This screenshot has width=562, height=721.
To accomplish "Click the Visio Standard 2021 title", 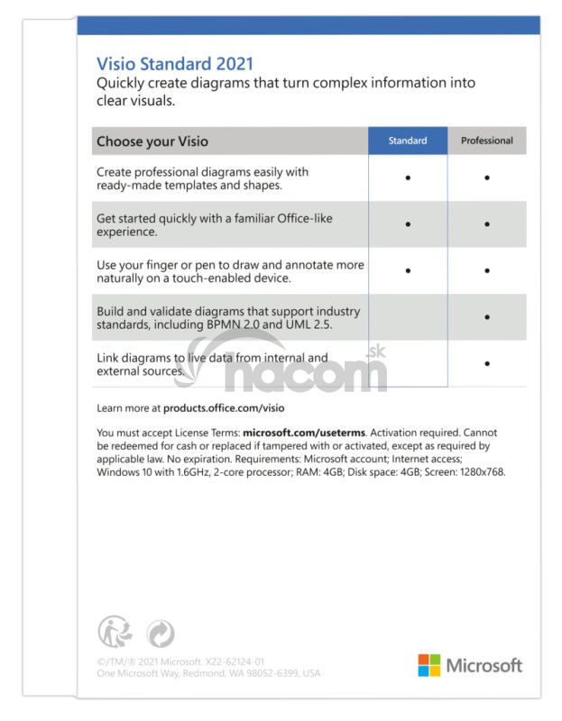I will click(175, 64).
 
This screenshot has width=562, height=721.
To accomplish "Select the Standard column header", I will click(407, 141).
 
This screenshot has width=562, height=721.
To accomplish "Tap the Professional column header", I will click(486, 141).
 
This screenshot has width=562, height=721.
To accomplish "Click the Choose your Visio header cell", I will click(152, 141).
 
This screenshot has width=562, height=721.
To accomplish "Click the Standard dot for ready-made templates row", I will click(408, 178).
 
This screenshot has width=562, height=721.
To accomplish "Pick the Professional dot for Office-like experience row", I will click(487, 224).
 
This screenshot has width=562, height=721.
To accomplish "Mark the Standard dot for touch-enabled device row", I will click(408, 270).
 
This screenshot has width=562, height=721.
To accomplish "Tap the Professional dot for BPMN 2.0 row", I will click(487, 317).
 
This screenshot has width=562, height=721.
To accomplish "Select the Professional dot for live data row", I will click(487, 363).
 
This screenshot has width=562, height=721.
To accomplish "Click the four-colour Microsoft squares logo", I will click(428, 665).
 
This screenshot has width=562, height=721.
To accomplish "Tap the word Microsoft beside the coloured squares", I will click(484, 666).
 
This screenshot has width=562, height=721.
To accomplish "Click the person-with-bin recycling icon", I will click(112, 632).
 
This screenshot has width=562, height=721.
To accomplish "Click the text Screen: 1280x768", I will click(463, 471).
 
